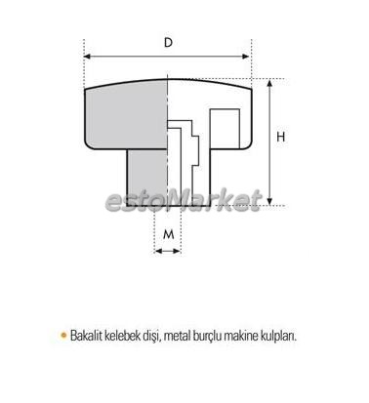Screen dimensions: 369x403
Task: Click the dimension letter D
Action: [168, 42]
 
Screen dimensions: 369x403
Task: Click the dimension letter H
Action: [280, 137]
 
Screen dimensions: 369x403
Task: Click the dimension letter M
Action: [168, 234]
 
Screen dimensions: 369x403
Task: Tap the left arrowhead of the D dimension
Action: [87, 57]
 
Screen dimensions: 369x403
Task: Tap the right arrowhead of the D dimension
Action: [246, 57]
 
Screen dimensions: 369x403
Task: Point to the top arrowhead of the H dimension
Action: [269, 83]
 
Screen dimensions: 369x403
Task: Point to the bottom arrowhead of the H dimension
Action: [269, 201]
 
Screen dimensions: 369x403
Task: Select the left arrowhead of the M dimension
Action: [158, 251]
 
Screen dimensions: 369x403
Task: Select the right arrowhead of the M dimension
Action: [178, 251]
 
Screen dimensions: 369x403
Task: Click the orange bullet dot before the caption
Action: [63, 335]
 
